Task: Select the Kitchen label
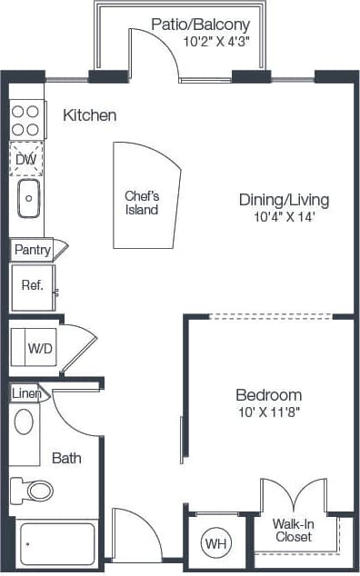(x=89, y=115)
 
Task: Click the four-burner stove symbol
(x=27, y=120)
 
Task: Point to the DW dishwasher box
(x=26, y=161)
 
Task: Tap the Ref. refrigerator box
(x=33, y=285)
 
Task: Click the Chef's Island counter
(x=144, y=202)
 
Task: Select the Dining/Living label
(x=283, y=200)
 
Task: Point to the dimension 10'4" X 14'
(x=284, y=216)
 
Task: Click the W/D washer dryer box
(x=38, y=347)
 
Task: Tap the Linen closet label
(x=25, y=393)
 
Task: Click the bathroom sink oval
(x=25, y=422)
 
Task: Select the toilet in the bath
(x=35, y=491)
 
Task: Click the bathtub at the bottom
(x=56, y=545)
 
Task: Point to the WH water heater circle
(x=215, y=543)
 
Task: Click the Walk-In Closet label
(x=292, y=530)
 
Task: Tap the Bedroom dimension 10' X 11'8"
(x=268, y=412)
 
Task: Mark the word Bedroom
(x=268, y=395)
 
